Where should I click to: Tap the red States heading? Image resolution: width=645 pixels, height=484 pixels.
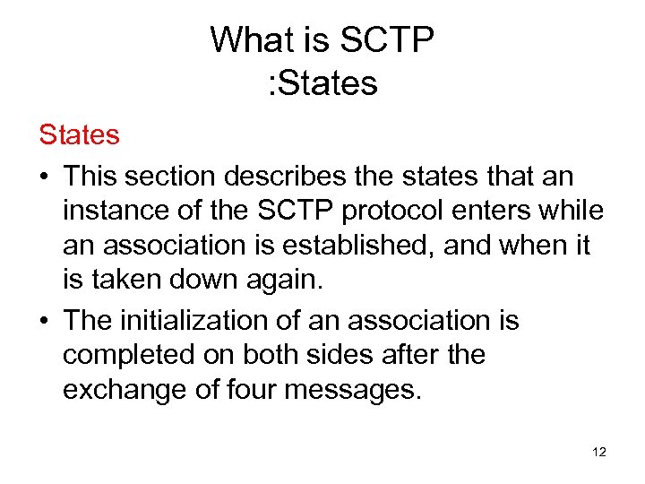(79, 135)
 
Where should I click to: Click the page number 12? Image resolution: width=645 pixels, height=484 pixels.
(599, 452)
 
